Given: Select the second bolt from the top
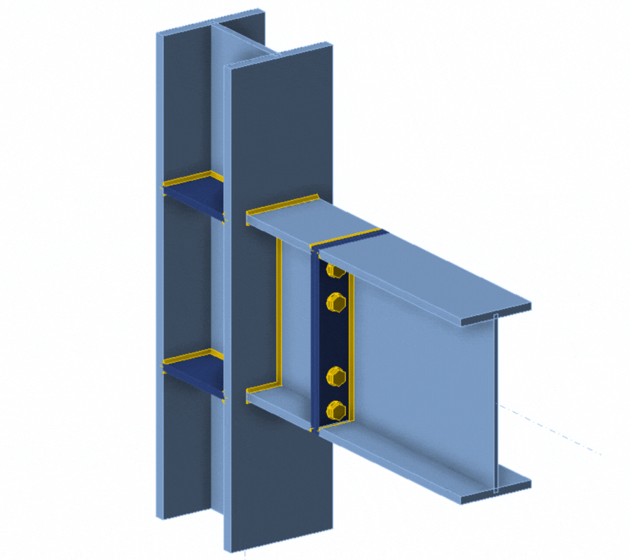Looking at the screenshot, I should (336, 302).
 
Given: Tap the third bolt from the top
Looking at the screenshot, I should (336, 378).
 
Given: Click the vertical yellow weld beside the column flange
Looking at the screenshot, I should (279, 315).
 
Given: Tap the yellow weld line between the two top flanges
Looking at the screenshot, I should (346, 237).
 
